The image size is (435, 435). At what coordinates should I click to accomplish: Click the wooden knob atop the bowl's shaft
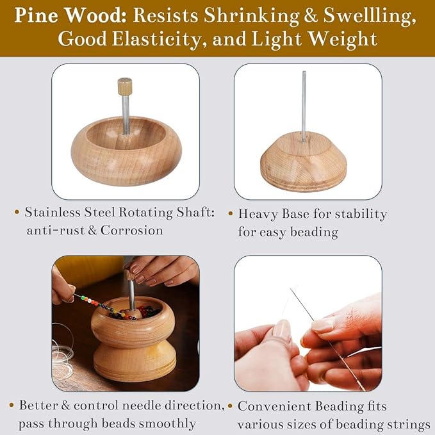(124, 85)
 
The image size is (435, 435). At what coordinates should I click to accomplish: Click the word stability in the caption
(363, 214)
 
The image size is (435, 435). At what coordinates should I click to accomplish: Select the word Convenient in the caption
(276, 406)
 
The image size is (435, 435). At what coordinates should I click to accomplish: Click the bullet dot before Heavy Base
(230, 213)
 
